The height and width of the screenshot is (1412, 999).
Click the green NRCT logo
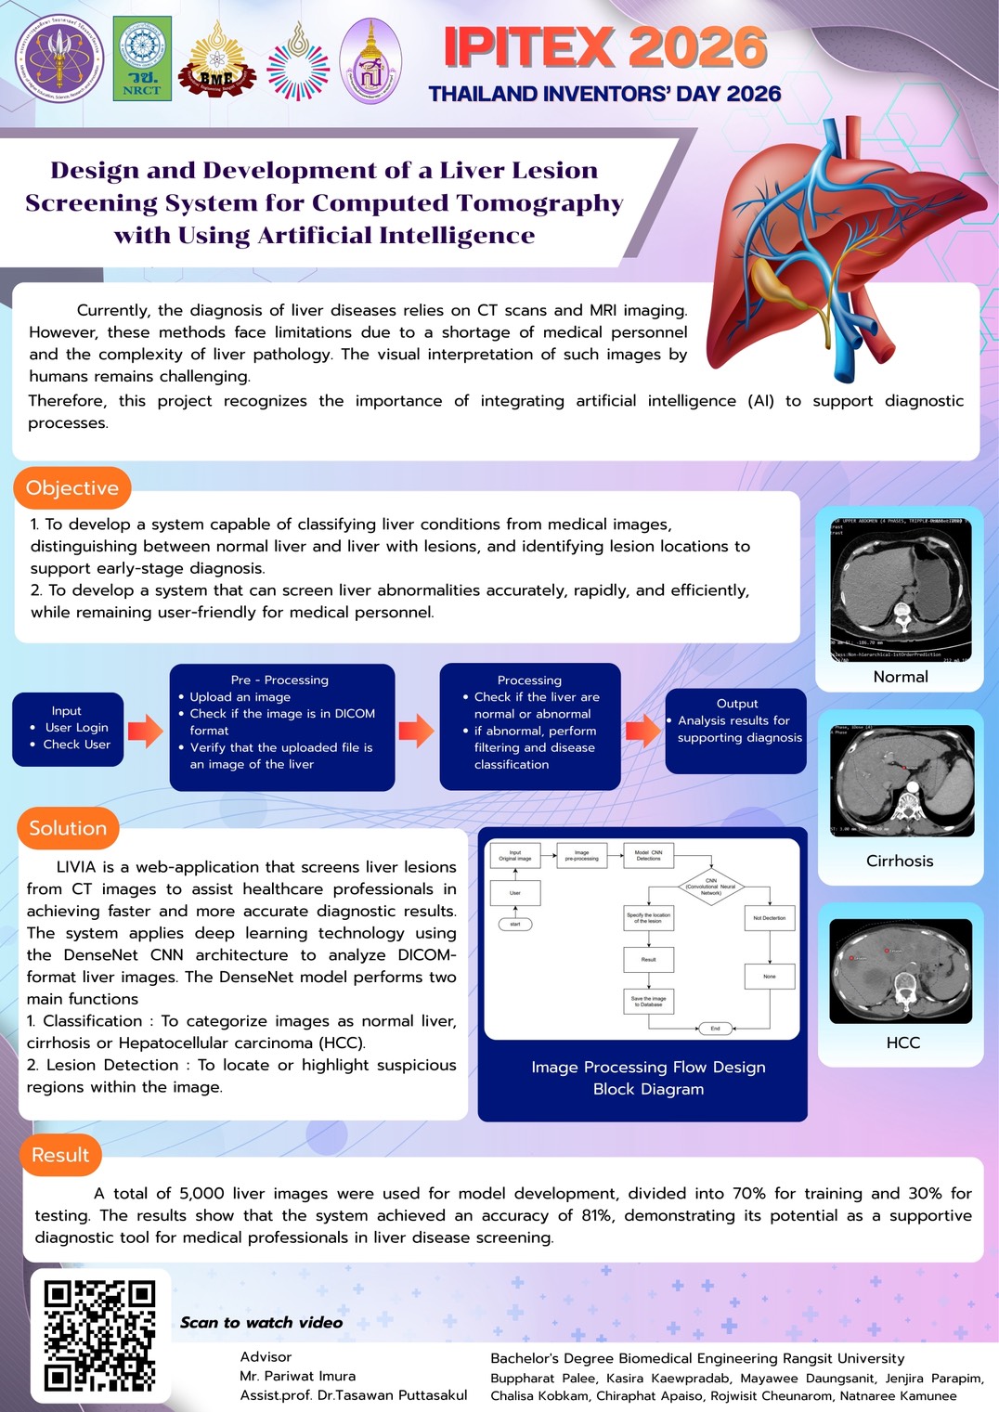pos(142,58)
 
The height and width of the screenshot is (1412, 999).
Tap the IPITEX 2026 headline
pos(605,47)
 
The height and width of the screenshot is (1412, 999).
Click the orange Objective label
pos(72,488)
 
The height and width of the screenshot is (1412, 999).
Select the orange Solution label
pos(68,828)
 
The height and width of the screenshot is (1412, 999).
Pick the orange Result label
pos(60,1155)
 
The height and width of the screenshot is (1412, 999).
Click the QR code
pos(100,1336)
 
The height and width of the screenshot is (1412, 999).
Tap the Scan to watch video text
pos(262,1322)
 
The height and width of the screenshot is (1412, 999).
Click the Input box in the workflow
pos(68,729)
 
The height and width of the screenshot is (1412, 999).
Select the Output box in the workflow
pos(735,730)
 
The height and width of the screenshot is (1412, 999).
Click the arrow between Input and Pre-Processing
pos(146,731)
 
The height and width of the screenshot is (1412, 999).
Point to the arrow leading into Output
pos(642,731)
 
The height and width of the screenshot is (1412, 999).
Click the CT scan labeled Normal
pos(901,589)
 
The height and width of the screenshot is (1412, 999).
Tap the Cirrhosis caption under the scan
pos(900,861)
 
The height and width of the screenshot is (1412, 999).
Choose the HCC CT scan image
pos(901,971)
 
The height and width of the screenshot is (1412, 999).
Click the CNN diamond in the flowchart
pos(710,886)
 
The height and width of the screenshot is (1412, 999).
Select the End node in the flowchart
pos(715,1028)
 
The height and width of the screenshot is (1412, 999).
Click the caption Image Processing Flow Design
pos(648,1068)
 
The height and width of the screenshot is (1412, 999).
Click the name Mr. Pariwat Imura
pos(297,1376)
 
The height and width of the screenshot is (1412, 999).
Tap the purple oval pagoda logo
pos(371,59)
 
